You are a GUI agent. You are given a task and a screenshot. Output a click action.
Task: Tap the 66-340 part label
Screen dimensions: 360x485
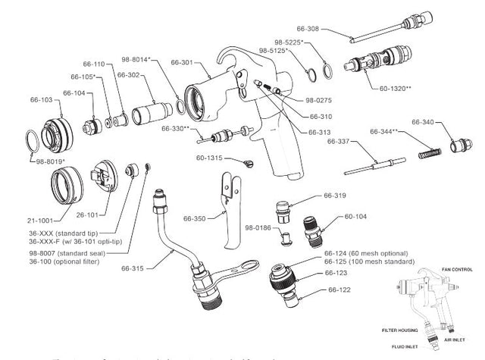point(423,122)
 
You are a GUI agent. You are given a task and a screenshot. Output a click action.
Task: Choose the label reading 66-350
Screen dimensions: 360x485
point(195,218)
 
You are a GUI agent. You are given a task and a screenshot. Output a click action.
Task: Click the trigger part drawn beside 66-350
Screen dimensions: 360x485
point(231,205)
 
